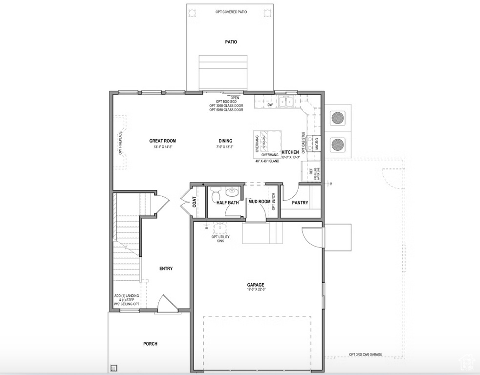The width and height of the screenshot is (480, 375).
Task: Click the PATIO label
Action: [x=231, y=42]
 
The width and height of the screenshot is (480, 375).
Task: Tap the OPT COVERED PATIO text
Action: [x=231, y=12]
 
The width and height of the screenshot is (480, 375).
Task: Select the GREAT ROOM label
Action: [x=162, y=141]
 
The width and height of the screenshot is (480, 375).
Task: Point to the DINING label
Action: [x=225, y=141]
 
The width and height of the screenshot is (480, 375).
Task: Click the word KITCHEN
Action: [x=290, y=152]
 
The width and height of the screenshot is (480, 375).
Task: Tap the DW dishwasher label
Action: [x=270, y=105]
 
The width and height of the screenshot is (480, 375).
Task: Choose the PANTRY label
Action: [x=300, y=203]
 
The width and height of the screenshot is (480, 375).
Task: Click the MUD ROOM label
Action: [x=259, y=202]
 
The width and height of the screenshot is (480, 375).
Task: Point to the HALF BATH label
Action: [x=228, y=203]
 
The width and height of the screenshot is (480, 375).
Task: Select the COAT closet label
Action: [x=194, y=202]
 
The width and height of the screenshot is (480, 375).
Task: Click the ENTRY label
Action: [x=166, y=269]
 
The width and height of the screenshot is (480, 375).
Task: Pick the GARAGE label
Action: [x=255, y=285]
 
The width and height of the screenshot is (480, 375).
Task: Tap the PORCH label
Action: [x=150, y=344]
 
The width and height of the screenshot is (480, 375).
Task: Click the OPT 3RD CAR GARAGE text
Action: [x=366, y=354]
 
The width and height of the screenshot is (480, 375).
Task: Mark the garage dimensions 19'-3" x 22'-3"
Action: [x=255, y=290]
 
